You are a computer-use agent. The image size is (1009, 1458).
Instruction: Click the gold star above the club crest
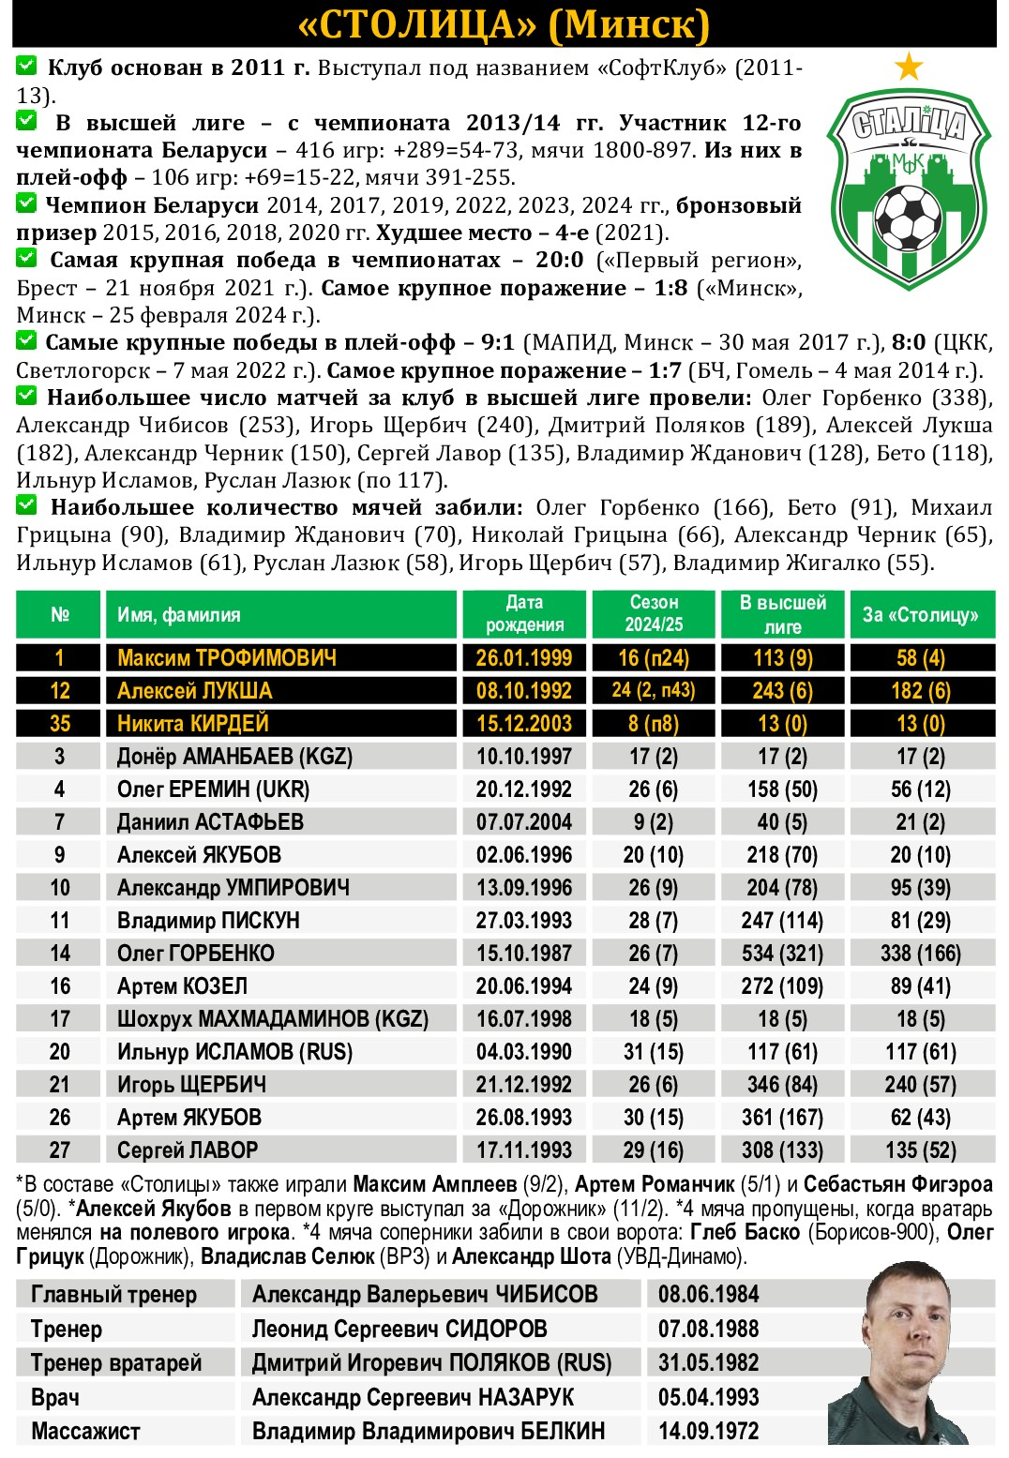[x=909, y=67]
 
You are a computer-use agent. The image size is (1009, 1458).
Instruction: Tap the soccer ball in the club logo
[x=907, y=217]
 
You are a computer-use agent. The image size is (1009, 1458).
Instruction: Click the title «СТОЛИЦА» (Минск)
[x=504, y=24]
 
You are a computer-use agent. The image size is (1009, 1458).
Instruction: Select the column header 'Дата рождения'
[x=523, y=614]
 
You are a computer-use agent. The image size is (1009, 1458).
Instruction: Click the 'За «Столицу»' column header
[x=921, y=615]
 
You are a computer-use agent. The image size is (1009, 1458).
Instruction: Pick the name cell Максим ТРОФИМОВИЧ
[x=226, y=658]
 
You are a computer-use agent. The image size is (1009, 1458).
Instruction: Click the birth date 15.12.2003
[x=523, y=724]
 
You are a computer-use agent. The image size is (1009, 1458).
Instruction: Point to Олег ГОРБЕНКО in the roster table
[x=195, y=954]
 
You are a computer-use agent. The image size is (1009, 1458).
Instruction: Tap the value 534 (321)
[x=782, y=954]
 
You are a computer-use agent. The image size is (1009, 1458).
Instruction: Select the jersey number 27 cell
[x=59, y=1150]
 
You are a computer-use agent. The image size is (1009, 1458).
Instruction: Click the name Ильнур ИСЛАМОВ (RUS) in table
[x=234, y=1052]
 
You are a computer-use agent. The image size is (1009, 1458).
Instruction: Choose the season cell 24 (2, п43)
[x=653, y=691]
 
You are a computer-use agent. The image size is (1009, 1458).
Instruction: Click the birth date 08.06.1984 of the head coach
[x=708, y=1295]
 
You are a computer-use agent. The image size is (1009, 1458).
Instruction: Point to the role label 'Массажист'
[x=85, y=1432]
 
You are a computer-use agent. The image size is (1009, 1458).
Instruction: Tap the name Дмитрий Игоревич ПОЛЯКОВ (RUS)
[x=431, y=1363]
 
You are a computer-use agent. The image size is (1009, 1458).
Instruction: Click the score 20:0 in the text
[x=559, y=260]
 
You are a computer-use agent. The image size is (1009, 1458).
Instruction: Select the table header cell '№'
[x=59, y=615]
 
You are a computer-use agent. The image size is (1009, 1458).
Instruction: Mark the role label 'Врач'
[x=55, y=1398]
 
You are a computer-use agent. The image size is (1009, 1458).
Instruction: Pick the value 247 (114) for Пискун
[x=782, y=921]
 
